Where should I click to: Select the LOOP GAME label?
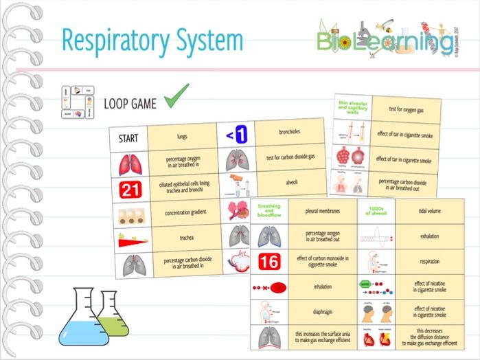pyautogui.click(x=130, y=104)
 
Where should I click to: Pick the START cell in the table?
pyautogui.click(x=128, y=137)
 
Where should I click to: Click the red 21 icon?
pyautogui.click(x=129, y=189)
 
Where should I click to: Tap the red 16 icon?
pyautogui.click(x=268, y=260)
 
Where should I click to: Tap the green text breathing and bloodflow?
pyautogui.click(x=268, y=212)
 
